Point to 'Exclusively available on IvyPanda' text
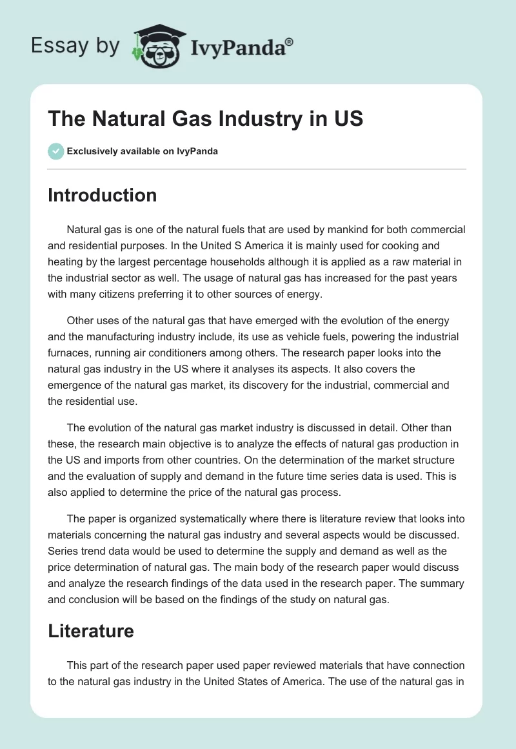[x=143, y=151]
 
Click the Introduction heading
[x=102, y=195]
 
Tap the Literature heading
[x=90, y=630]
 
